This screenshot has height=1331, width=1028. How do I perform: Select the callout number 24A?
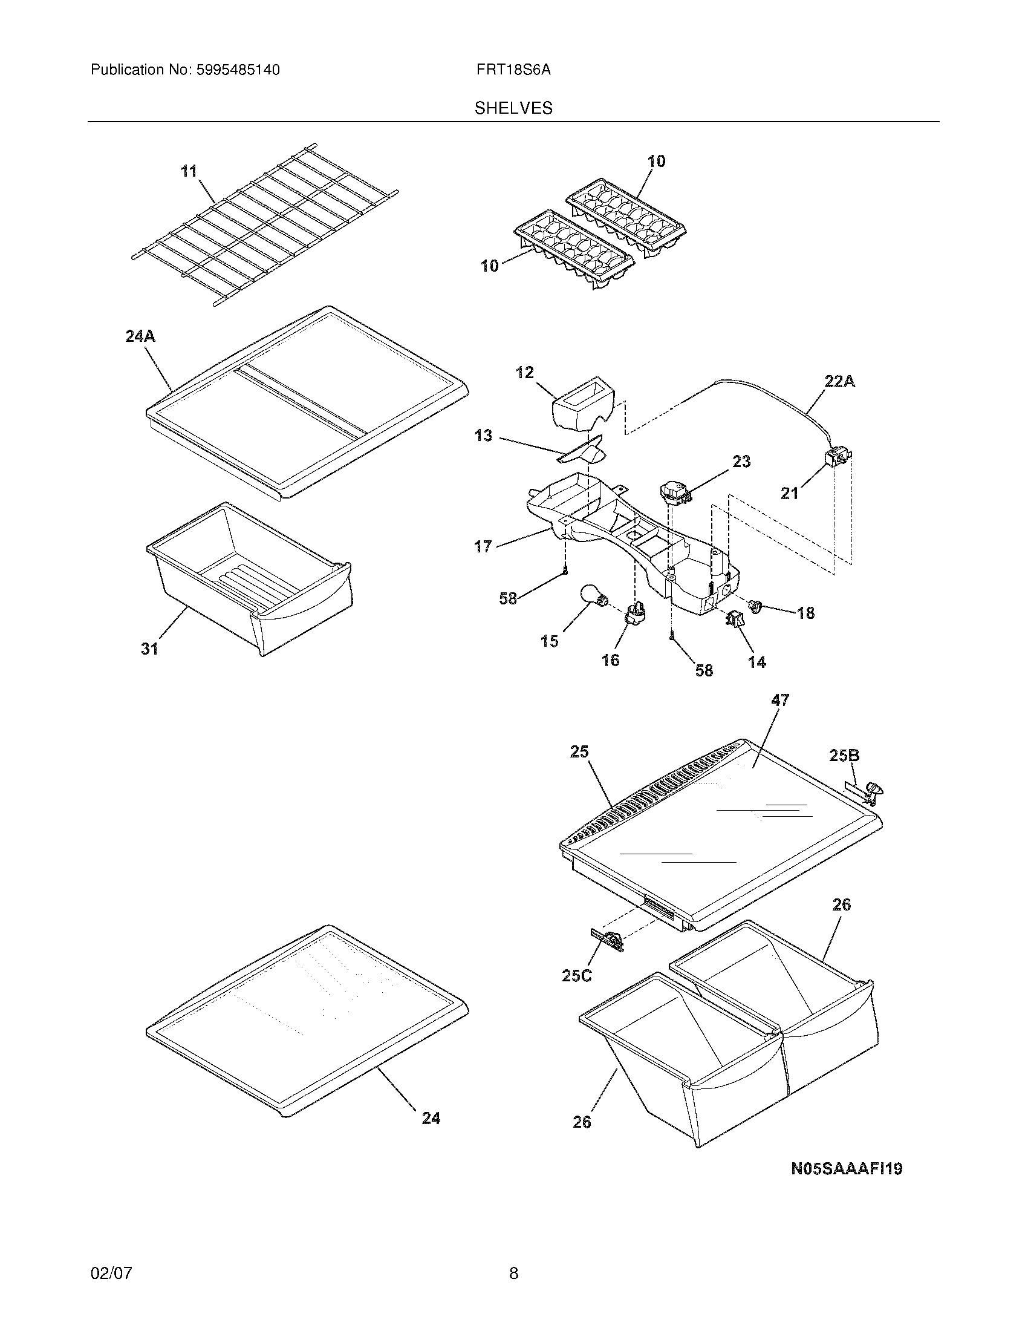pos(140,336)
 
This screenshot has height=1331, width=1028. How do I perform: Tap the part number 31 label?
pos(150,649)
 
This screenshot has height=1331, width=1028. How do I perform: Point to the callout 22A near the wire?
pos(840,382)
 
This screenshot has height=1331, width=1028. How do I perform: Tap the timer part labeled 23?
pos(675,491)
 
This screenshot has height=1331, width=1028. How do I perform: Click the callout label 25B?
pos(845,756)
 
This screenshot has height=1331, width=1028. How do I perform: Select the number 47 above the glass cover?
pos(779,701)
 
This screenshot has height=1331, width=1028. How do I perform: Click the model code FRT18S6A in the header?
pos(513,70)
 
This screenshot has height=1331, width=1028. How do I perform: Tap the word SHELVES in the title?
pos(513,108)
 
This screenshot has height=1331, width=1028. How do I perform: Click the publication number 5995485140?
pos(238,70)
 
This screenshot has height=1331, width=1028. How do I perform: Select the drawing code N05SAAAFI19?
pos(846,1168)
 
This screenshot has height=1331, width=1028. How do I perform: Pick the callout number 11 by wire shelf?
pos(189,171)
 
